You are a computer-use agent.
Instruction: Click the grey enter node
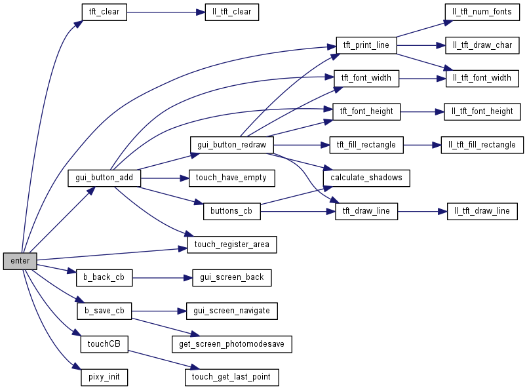pos(20,261)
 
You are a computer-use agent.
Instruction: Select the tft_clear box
pos(104,12)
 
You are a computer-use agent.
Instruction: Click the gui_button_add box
pos(104,178)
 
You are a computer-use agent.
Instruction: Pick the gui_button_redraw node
pos(231,145)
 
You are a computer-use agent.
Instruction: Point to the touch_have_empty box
pos(231,178)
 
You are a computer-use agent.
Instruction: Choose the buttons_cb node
pos(231,211)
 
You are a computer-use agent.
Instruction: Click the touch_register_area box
pos(232,244)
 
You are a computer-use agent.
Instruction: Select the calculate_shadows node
pos(366,178)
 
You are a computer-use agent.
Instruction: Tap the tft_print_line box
pos(366,45)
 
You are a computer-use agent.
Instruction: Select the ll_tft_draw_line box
pos(482,211)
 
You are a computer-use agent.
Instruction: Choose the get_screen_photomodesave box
pos(231,344)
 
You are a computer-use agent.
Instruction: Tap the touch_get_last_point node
pos(231,378)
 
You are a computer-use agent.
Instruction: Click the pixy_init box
pos(104,378)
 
